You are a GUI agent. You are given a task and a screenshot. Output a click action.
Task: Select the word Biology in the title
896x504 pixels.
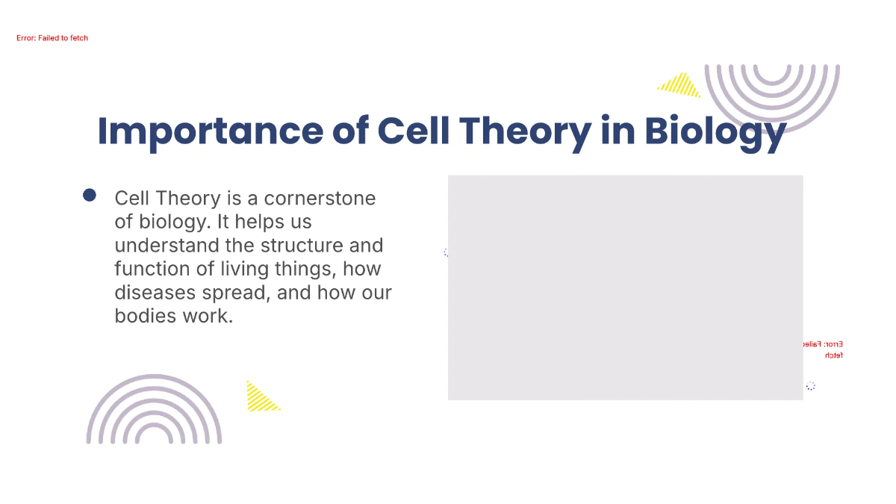715,131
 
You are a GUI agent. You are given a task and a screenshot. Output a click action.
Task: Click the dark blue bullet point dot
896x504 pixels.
90,196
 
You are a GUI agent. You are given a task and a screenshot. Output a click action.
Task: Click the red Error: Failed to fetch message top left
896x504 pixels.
52,38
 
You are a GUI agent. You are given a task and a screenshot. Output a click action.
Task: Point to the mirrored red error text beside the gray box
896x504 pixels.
824,349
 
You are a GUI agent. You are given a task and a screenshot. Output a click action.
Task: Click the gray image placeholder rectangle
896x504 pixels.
625,287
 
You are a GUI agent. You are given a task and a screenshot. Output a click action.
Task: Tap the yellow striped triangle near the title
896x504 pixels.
681,86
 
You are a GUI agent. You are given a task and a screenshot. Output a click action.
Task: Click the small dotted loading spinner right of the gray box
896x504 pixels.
810,386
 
